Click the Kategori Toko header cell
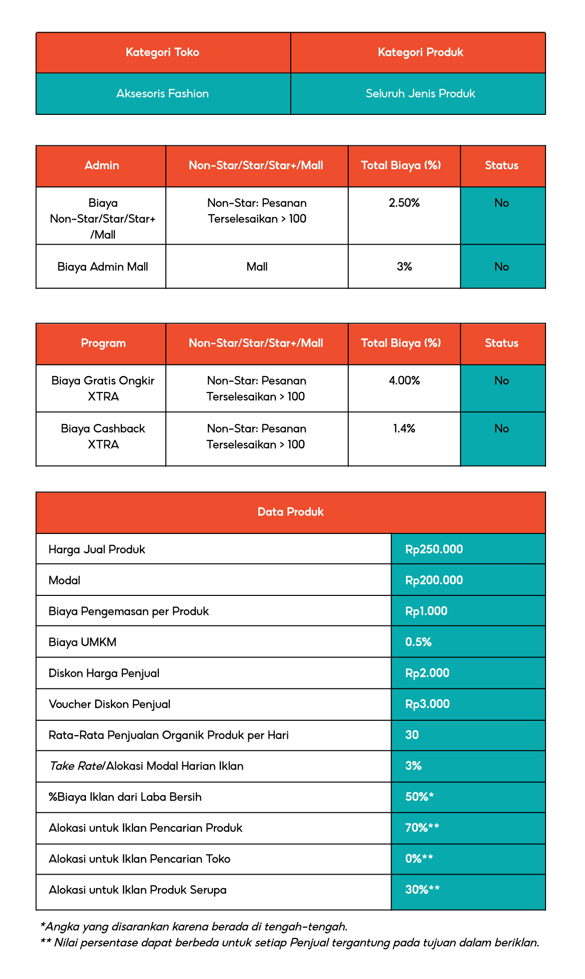[x=162, y=52]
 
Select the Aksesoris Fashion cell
[x=162, y=93]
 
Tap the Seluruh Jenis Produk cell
[x=420, y=93]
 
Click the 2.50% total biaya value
[x=404, y=203]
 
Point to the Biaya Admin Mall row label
[x=102, y=267]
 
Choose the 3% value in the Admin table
[x=404, y=267]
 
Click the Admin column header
[x=102, y=165]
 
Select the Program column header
[x=103, y=343]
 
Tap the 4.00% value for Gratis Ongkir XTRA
[x=404, y=381]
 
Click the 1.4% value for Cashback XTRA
[x=404, y=429]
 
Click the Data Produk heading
[x=290, y=512]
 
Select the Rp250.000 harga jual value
[x=434, y=549]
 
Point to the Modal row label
[x=64, y=580]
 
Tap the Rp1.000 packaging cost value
[x=426, y=611]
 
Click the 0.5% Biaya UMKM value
[x=418, y=642]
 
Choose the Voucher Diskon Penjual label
[x=109, y=704]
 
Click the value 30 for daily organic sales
[x=412, y=735]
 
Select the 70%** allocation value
[x=422, y=828]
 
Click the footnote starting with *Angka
[x=193, y=927]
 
